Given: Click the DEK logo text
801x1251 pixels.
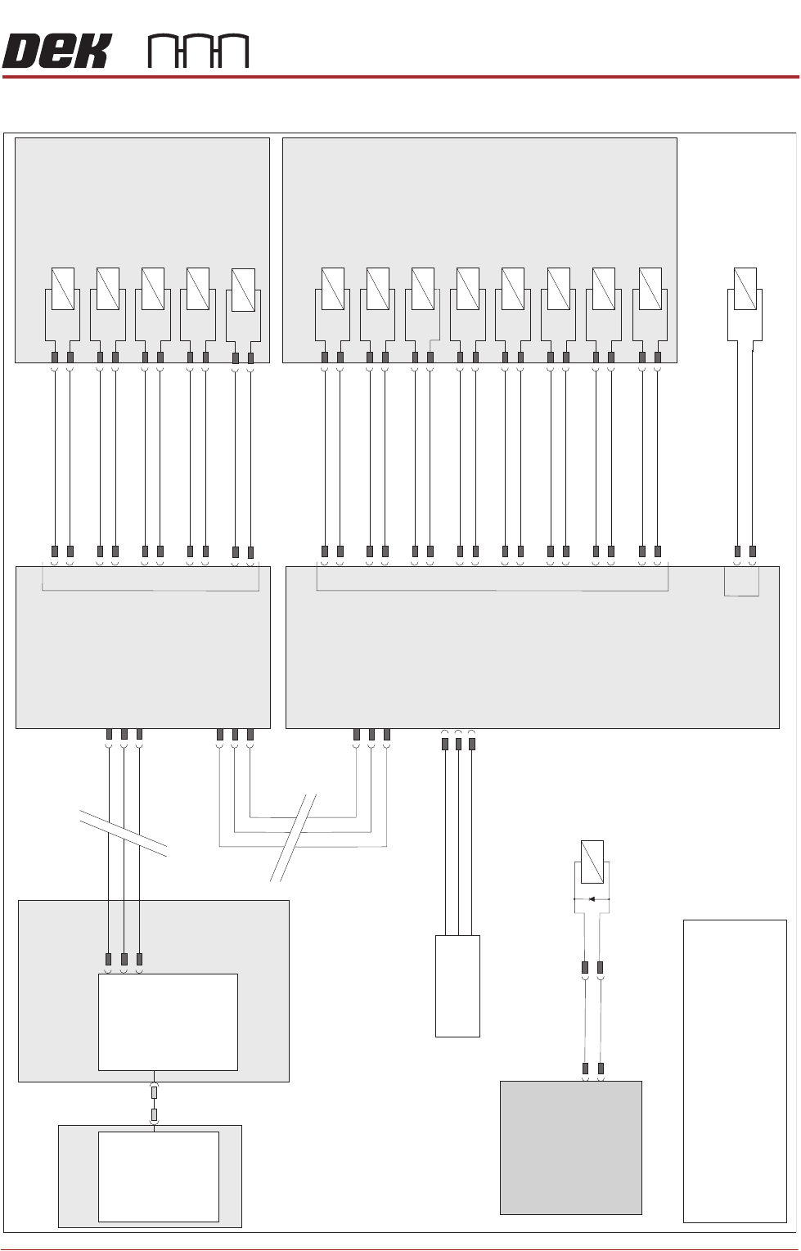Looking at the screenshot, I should (55, 52).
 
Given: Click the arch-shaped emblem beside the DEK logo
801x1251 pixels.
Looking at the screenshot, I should (198, 52).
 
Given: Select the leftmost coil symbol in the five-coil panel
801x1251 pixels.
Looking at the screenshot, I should (63, 289).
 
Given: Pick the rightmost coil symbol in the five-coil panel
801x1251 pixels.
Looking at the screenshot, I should (243, 290).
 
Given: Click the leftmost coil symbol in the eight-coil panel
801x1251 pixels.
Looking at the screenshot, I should (333, 289).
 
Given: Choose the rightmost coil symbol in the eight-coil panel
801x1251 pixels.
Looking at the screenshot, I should (650, 289).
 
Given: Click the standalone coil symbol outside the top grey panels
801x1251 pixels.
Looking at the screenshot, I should (745, 289).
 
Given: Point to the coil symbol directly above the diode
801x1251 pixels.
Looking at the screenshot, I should (592, 862).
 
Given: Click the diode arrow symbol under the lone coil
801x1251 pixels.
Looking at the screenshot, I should (592, 898).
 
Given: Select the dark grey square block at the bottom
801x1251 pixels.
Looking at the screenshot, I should (570, 1147).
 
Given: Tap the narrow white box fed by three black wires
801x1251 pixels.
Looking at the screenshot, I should (457, 986).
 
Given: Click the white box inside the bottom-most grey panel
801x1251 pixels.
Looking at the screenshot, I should (158, 1177).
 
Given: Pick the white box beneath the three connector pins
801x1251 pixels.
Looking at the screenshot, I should (168, 1021).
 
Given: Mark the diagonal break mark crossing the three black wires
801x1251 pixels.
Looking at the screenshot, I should (124, 832).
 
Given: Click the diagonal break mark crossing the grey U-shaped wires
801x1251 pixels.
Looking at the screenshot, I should (294, 836).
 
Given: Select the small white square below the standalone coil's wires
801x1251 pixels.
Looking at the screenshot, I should (741, 582).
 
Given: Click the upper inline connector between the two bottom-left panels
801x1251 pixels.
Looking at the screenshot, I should (154, 1092).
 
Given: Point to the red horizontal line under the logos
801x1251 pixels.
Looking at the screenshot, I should (400, 77).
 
